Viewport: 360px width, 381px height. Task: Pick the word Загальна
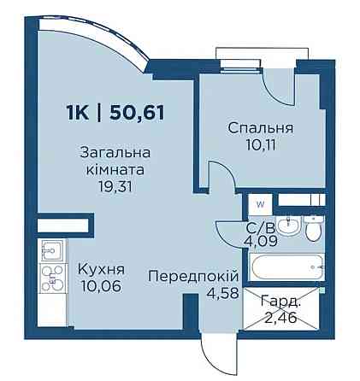[115, 154]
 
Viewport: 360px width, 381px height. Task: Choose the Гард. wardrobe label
[281, 302]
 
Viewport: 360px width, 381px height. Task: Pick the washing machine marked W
[258, 204]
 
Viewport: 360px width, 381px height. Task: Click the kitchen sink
[50, 250]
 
